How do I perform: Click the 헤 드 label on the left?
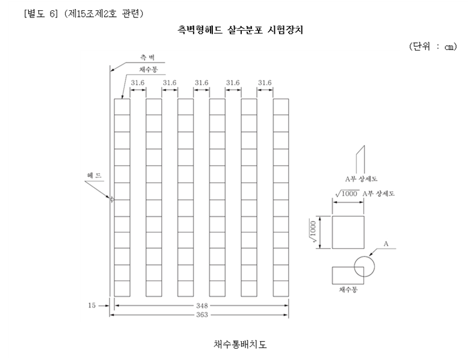94,175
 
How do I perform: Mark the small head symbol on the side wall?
111,199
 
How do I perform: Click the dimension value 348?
202,306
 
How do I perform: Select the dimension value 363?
202,315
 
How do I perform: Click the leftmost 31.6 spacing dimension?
138,82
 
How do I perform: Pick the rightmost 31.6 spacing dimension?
265,82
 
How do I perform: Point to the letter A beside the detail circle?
386,244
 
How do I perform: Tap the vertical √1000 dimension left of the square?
313,232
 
